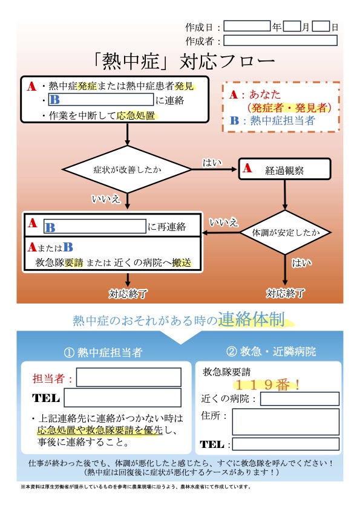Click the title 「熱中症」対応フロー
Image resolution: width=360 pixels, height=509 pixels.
point(184,61)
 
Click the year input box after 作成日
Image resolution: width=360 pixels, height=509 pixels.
point(247,26)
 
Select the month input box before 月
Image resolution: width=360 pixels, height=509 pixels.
point(292,26)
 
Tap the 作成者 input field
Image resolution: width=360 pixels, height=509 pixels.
point(280,41)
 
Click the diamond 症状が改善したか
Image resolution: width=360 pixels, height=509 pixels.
point(127,169)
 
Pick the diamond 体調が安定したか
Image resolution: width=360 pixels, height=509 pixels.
point(285,232)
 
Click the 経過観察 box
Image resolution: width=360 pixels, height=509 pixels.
point(284,169)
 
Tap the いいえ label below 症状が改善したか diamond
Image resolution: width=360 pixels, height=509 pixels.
point(106,198)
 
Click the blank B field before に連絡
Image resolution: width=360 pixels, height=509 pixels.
point(100,99)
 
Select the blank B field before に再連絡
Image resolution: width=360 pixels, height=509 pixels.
point(95,226)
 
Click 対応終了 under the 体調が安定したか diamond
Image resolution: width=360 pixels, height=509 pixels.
point(285,293)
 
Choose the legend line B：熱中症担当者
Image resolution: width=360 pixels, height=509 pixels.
point(272,120)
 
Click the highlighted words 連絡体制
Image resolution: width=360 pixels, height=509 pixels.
point(251,319)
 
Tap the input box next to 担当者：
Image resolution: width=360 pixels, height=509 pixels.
point(129,377)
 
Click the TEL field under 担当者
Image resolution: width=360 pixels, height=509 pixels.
point(122,398)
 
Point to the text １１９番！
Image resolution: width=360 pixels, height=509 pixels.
point(267,385)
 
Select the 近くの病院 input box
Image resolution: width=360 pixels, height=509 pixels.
point(299,398)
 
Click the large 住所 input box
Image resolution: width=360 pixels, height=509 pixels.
point(286,422)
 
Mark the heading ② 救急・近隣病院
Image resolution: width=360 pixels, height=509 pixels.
point(270,351)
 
